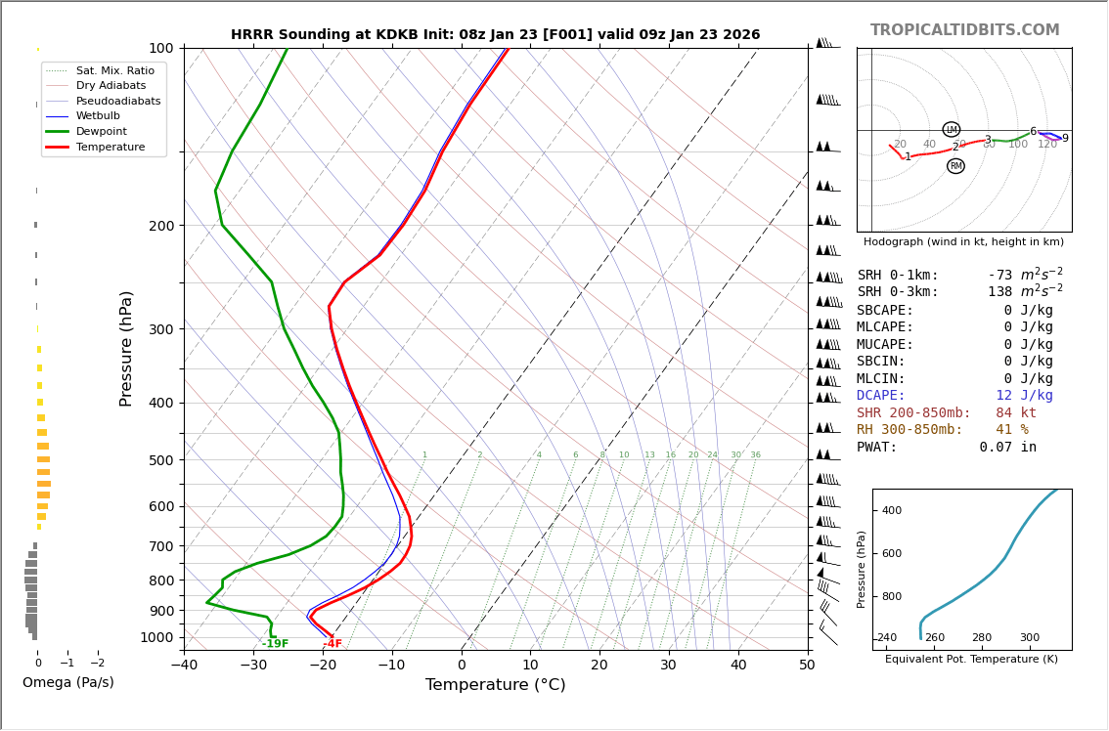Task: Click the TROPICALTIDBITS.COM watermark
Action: pos(964,30)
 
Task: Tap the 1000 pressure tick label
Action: pos(156,637)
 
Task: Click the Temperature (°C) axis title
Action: pos(495,685)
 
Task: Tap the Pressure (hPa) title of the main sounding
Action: pos(127,348)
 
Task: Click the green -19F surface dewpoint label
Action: pos(275,644)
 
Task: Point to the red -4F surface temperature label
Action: pos(333,644)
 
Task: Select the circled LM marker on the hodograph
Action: pos(951,129)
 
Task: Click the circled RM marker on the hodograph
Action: pos(955,166)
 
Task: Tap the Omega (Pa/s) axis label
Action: pos(68,682)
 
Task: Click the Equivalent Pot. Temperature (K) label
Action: pos(971,659)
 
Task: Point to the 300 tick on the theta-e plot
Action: pos(1030,638)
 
